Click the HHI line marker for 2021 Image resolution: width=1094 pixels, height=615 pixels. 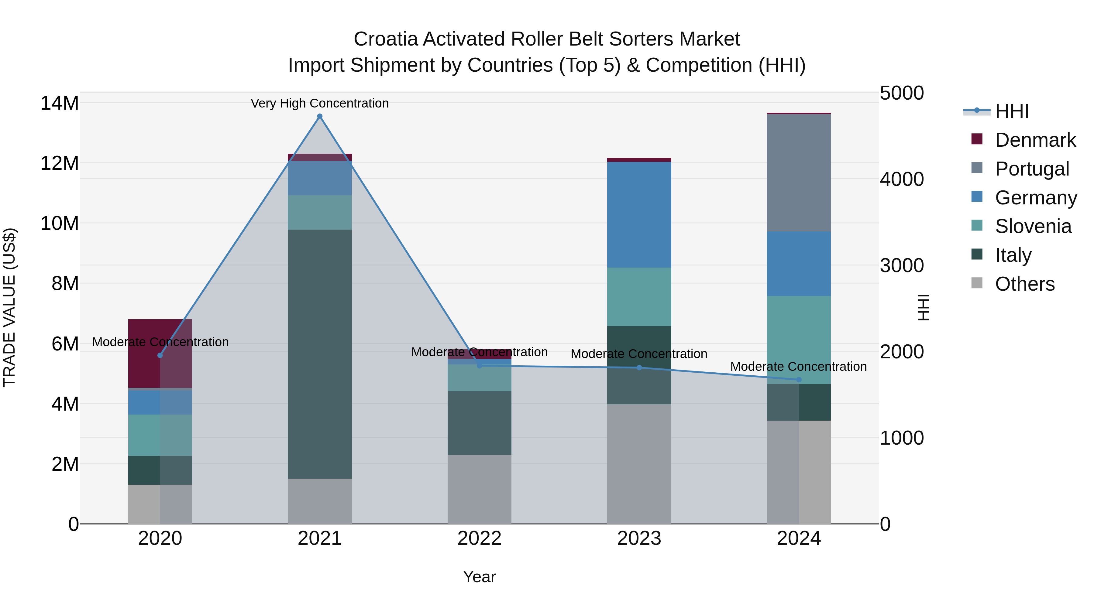320,116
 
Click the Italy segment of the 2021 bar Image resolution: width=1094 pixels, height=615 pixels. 320,354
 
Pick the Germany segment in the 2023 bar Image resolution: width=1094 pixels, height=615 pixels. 639,214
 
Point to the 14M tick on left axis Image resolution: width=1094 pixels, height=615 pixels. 60,103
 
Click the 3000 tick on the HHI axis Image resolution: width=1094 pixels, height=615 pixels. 902,266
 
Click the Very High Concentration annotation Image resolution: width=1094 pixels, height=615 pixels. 320,103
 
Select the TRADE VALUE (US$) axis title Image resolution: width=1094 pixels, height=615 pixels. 9,307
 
